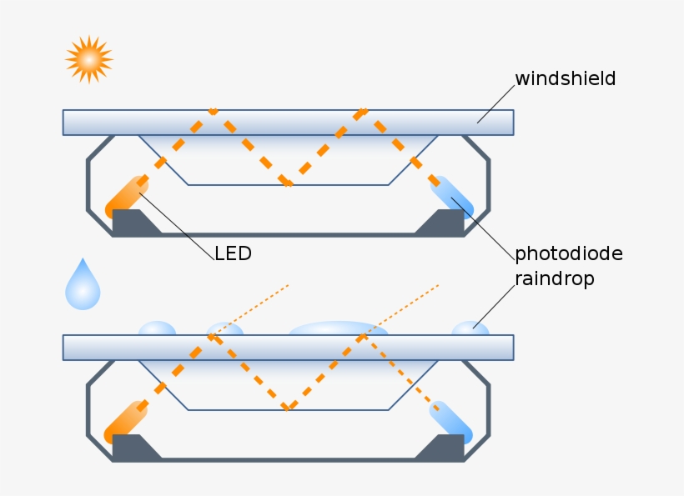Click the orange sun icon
(89, 59)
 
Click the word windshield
(565, 79)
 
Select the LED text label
(233, 253)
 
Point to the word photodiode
(568, 253)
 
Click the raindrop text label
(554, 279)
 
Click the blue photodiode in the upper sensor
(451, 197)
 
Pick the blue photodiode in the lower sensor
(451, 422)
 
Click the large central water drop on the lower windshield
(338, 329)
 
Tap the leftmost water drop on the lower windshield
(157, 329)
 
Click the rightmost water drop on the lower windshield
(470, 329)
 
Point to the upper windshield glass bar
(288, 123)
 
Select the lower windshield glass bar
(288, 348)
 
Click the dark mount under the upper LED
(133, 223)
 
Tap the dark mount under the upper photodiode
(442, 223)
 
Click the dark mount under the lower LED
(133, 448)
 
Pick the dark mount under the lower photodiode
(442, 448)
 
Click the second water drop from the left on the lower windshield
(225, 329)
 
